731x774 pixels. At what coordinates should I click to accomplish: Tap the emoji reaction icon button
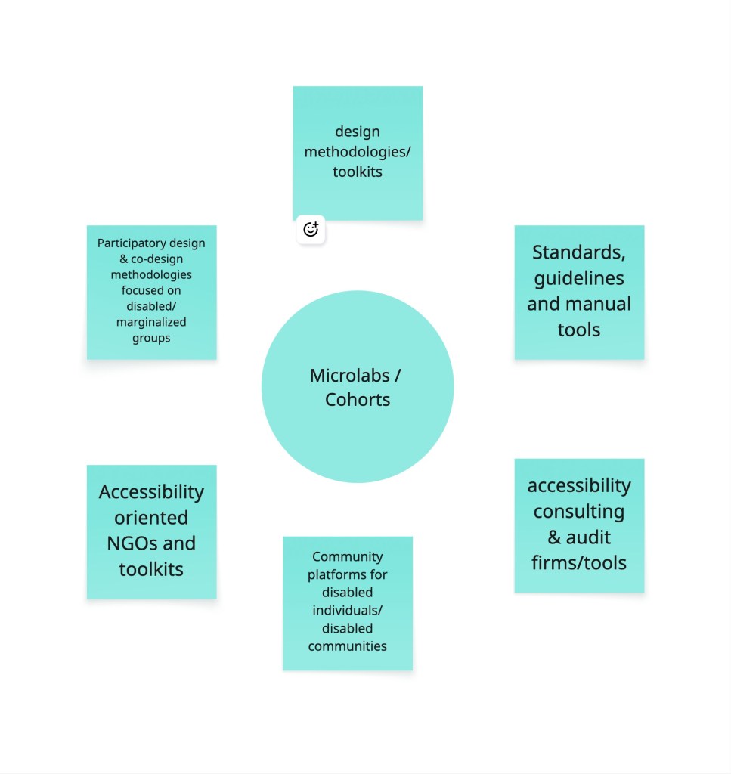pyautogui.click(x=311, y=230)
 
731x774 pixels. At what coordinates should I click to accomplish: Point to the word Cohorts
pyautogui.click(x=358, y=399)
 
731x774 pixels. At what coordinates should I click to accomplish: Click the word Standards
pyautogui.click(x=578, y=252)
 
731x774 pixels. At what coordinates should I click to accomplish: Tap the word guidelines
pyautogui.click(x=579, y=278)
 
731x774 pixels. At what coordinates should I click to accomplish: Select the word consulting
pyautogui.click(x=579, y=511)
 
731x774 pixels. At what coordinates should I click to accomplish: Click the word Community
pyautogui.click(x=348, y=556)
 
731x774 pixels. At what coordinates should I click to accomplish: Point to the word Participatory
pyautogui.click(x=126, y=243)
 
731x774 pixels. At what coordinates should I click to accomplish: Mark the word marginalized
pyautogui.click(x=151, y=322)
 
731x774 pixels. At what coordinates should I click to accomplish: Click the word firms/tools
pyautogui.click(x=579, y=562)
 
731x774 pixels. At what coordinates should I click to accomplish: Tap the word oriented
pyautogui.click(x=151, y=518)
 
